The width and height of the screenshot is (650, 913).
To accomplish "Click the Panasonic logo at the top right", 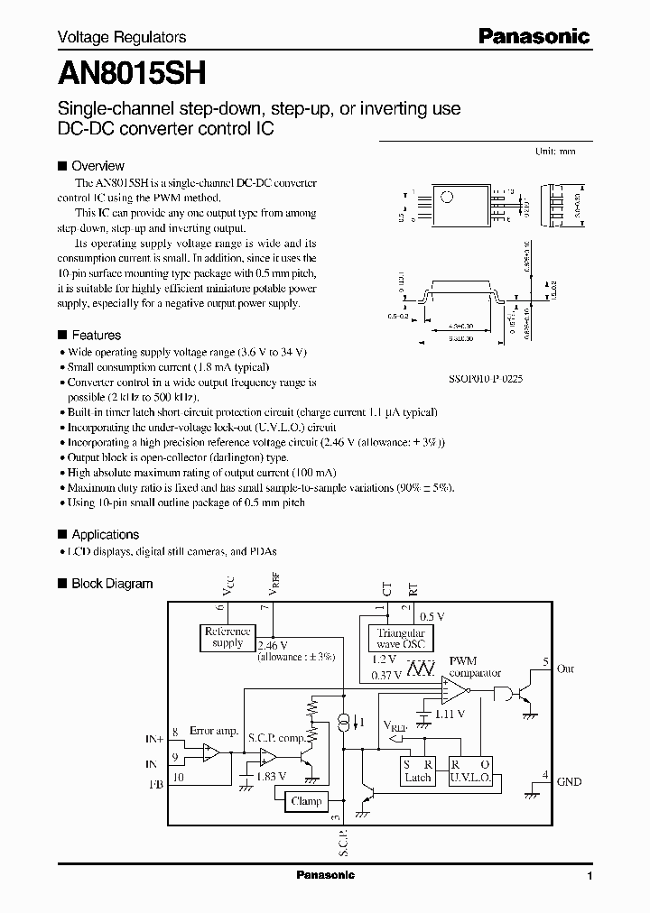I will pos(534,37).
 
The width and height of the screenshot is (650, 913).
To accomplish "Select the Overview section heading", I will pos(97,166).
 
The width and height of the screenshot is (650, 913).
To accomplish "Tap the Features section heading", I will pos(96,335).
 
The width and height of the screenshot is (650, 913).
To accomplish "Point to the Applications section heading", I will pos(105,534).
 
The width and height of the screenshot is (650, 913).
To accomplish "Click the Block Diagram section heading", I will pos(112,584).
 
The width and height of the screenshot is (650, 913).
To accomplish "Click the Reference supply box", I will pos(227,638).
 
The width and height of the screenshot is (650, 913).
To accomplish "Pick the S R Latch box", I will pos(417,770).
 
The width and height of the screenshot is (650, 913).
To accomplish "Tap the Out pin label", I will pos(565,669).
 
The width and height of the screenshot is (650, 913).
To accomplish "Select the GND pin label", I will pos(569,782).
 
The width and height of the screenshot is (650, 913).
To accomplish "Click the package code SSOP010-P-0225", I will pos(485,380).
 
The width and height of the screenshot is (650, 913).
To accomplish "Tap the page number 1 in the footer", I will pos(590,876).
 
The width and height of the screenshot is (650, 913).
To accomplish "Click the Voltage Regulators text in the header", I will pos(122,37).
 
